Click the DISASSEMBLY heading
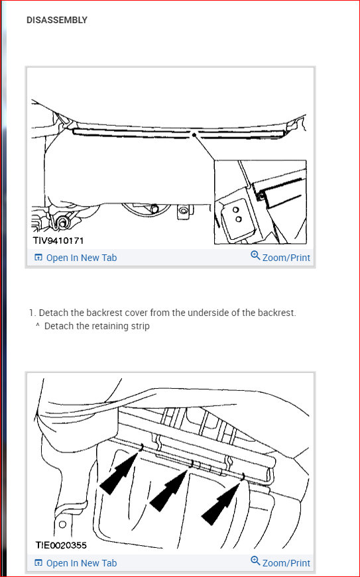click(57, 20)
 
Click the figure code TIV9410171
click(58, 240)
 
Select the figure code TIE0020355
click(61, 545)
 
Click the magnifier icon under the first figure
click(255, 256)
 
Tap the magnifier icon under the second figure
click(255, 561)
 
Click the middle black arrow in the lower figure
click(168, 491)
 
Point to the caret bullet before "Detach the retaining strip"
click(38, 325)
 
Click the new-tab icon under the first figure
click(38, 257)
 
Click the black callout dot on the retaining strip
click(194, 135)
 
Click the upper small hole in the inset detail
click(235, 210)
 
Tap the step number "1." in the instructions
click(32, 313)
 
